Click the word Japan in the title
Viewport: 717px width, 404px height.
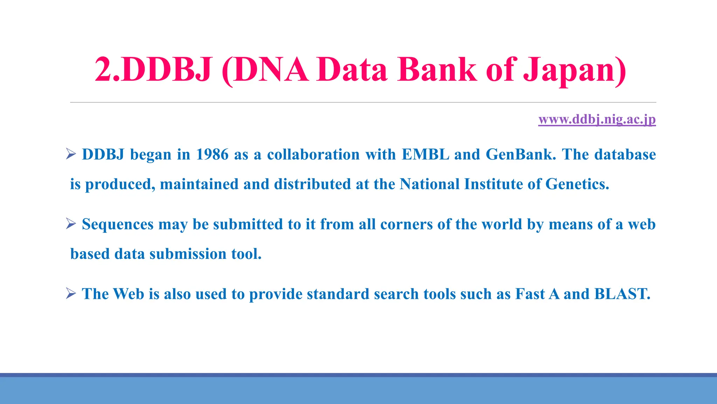[574, 70]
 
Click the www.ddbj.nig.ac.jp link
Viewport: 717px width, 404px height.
[597, 119]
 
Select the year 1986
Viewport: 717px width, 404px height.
[212, 155]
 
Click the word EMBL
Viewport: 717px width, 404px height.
[425, 155]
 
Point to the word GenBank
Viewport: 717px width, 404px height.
[521, 155]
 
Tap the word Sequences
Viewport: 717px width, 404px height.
[118, 224]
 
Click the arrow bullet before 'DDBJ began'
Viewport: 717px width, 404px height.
[71, 154]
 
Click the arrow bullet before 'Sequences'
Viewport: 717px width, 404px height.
[71, 224]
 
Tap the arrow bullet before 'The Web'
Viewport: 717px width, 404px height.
[71, 294]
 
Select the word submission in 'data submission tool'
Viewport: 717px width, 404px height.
[188, 254]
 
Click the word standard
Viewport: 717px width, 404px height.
[338, 294]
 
